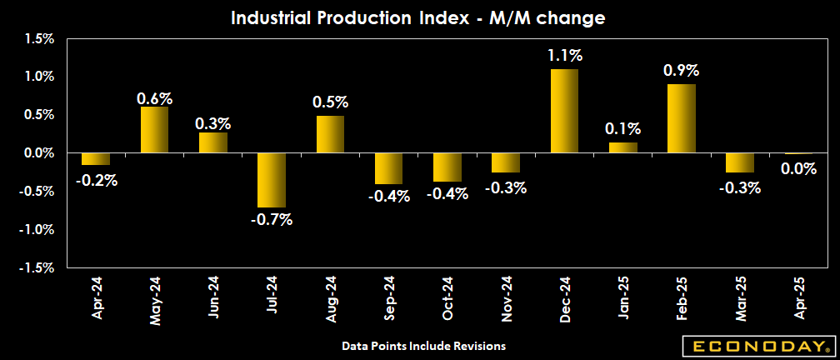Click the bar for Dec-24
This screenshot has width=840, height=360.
tap(564, 111)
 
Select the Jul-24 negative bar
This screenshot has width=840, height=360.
tap(272, 180)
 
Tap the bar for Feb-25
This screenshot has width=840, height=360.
tap(682, 118)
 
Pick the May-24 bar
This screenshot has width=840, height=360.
tap(154, 130)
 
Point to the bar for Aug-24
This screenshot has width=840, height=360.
tap(330, 134)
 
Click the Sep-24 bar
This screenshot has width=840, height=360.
tap(389, 168)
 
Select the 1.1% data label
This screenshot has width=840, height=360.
tap(564, 56)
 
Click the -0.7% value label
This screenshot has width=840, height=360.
tap(272, 220)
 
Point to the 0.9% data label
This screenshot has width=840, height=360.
tap(681, 71)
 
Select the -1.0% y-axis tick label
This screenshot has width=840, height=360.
tap(38, 229)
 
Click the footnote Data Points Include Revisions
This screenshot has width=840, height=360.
tap(423, 345)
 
